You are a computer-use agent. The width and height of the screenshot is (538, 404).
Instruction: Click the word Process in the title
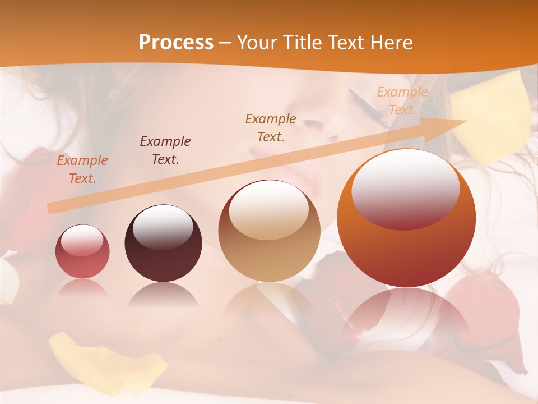176,43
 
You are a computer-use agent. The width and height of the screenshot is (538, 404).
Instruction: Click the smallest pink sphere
82,251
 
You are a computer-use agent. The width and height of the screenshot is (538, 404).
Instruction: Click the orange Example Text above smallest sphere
82,169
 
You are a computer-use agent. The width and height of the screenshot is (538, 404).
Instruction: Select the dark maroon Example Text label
165,150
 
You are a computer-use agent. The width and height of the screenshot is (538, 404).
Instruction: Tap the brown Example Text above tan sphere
271,128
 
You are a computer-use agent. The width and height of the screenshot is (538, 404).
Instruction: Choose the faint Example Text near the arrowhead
402,101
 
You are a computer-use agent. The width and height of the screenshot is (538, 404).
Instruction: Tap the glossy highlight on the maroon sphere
163,227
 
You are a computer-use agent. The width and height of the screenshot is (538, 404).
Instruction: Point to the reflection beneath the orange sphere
406,314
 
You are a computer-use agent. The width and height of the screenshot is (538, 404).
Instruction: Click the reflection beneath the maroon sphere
163,295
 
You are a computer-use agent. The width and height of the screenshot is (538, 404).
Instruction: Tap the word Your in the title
256,43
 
